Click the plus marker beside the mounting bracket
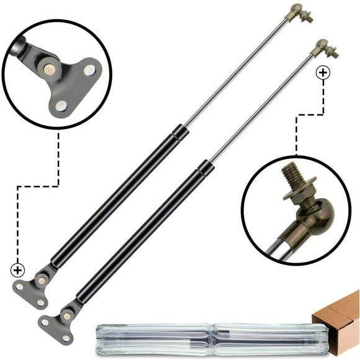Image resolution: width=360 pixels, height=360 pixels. (17, 270)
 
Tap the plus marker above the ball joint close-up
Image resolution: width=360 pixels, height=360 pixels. (323, 73)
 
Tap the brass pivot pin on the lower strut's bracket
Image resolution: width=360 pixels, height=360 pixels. (67, 315)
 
